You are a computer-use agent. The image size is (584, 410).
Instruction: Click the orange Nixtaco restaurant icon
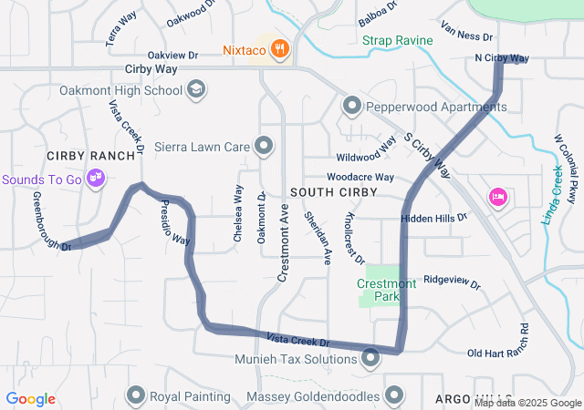(279, 49)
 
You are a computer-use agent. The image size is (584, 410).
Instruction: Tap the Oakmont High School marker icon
(196, 89)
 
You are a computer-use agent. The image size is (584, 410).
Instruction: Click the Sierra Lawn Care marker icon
(264, 145)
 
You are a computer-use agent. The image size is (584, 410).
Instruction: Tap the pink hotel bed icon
(497, 196)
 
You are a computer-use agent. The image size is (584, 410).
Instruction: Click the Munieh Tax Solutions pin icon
(370, 359)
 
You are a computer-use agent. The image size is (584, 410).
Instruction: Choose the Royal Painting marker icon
(136, 395)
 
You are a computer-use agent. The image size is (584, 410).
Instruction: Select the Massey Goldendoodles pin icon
(394, 395)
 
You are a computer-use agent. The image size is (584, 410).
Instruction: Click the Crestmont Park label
(386, 290)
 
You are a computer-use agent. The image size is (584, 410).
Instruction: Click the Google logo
(31, 399)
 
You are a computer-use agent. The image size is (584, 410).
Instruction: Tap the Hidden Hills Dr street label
(434, 218)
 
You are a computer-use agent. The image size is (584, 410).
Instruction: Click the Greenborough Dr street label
(51, 220)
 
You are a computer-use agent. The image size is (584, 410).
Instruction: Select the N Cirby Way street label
(502, 59)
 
